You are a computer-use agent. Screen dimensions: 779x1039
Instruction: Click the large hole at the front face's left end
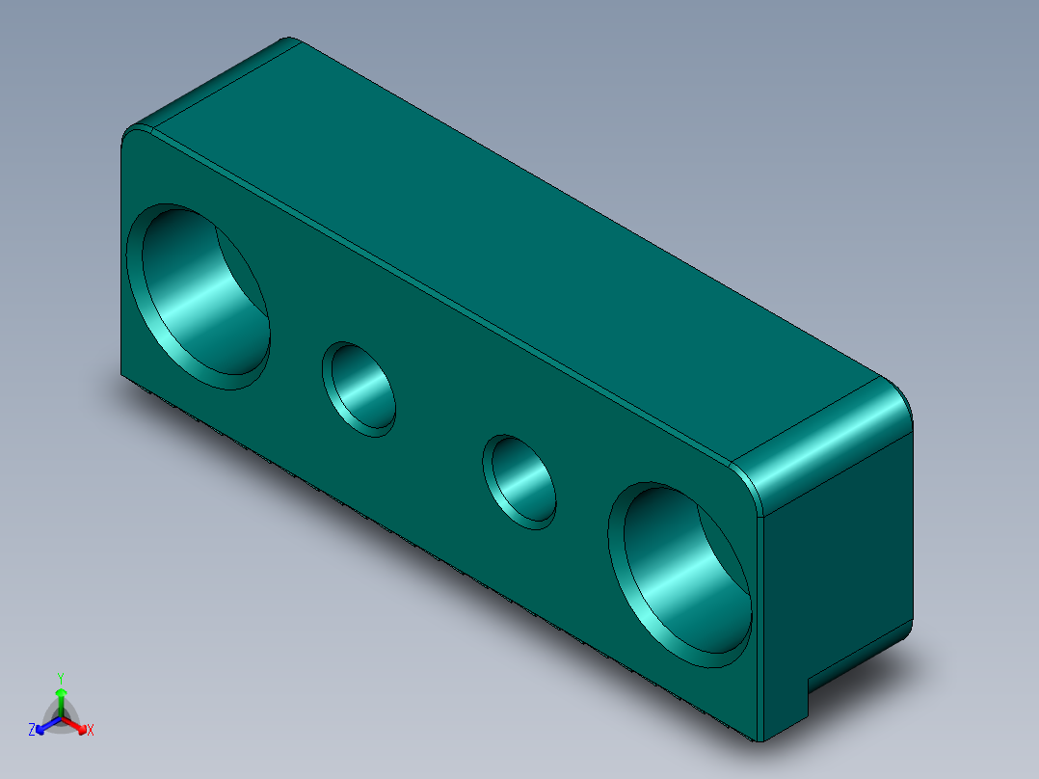point(204,296)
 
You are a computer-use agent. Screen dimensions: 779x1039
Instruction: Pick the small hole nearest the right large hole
point(520,480)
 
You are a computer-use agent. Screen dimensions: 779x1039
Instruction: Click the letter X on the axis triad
point(91,731)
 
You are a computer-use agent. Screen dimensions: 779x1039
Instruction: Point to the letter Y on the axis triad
point(60,677)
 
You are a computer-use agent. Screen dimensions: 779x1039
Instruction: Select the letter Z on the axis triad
point(32,731)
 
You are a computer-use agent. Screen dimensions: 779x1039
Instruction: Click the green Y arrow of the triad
point(61,700)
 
